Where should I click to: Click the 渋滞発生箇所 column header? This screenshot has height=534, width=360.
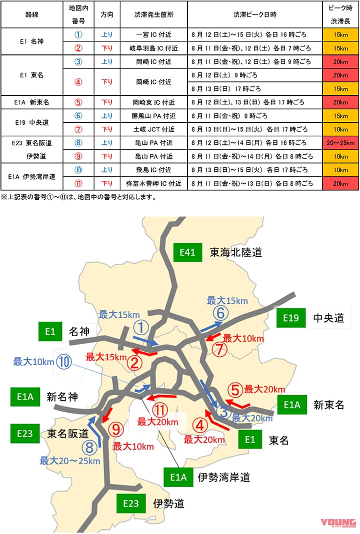point(154,14)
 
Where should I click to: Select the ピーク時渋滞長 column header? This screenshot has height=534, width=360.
point(340,14)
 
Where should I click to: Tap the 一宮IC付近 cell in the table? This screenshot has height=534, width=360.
point(154,35)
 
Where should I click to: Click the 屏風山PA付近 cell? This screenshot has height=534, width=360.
point(154,116)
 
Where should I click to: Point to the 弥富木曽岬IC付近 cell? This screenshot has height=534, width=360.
point(154,183)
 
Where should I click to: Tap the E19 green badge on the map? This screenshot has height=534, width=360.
point(290,318)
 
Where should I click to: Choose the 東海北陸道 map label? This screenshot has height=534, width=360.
point(235,253)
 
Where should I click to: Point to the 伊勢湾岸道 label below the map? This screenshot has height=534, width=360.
point(223,477)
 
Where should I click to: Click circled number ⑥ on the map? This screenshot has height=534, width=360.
point(221,314)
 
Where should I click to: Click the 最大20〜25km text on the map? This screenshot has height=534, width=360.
point(69,460)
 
